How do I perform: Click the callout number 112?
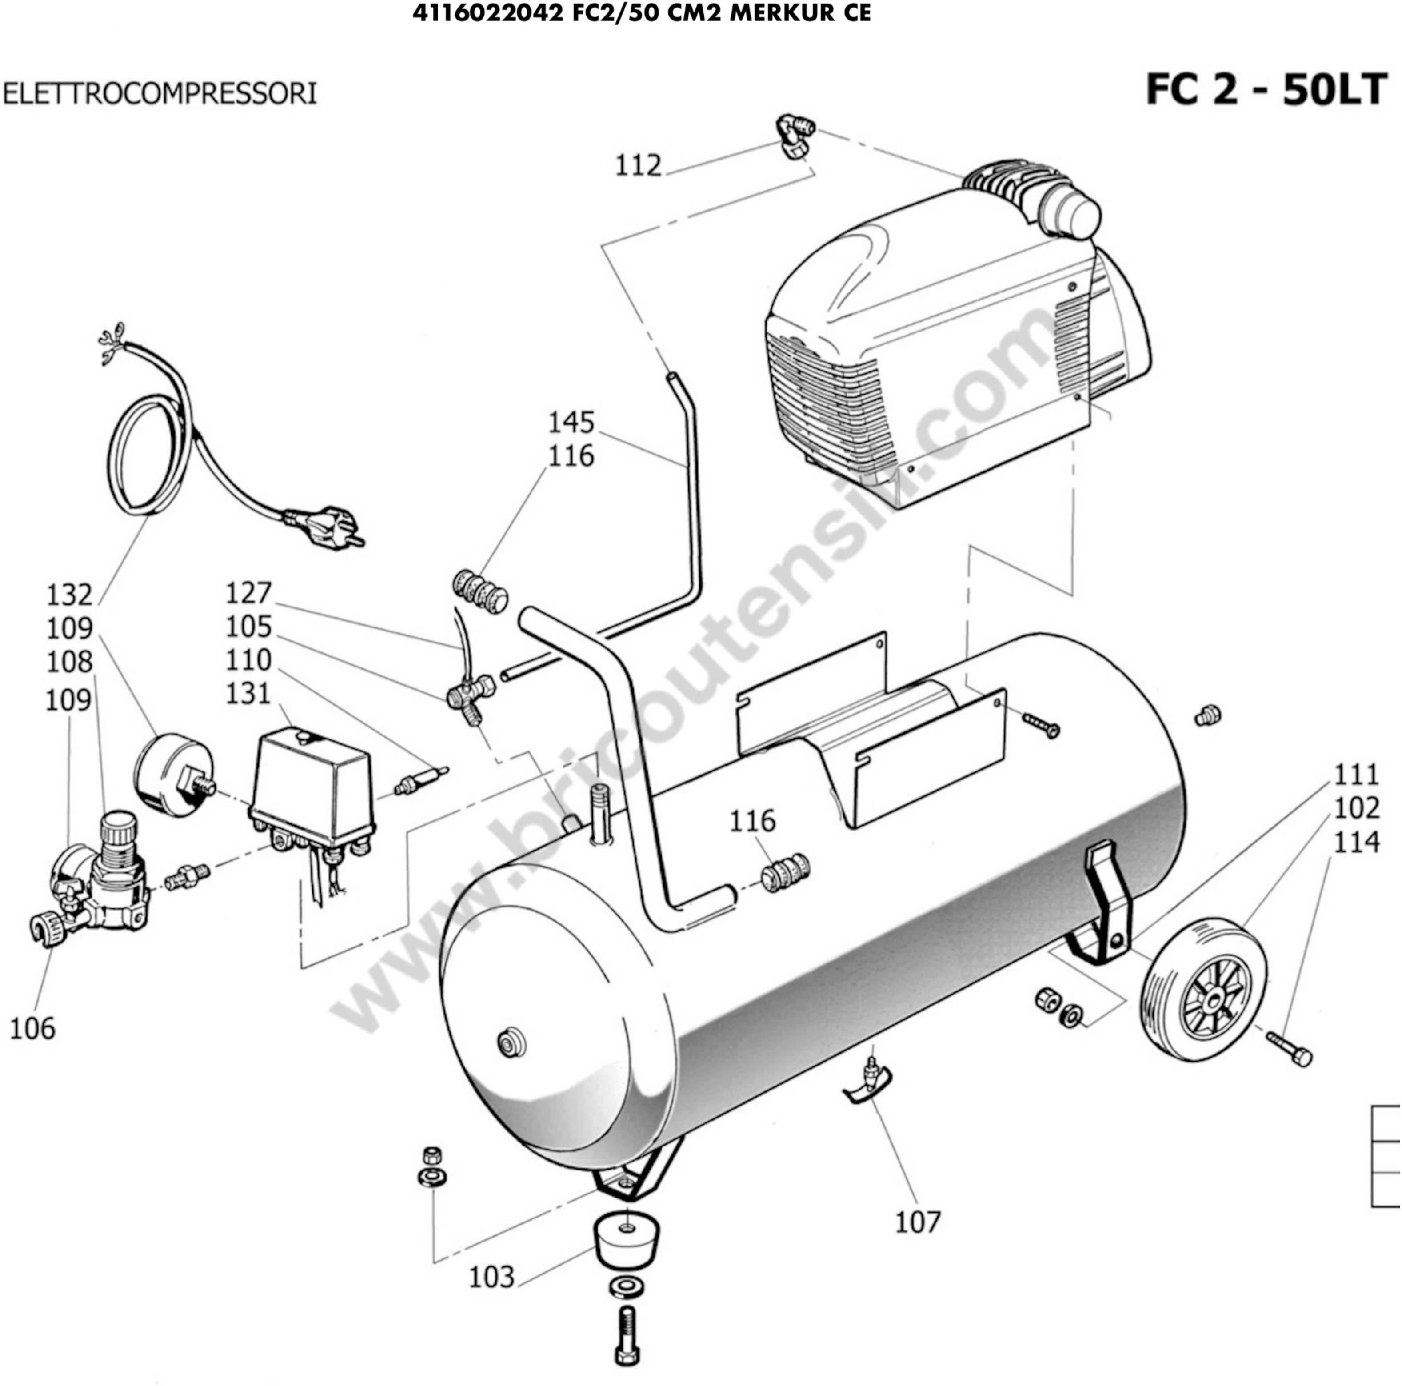[639, 166]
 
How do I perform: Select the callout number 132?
[70, 595]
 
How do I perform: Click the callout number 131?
[248, 694]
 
